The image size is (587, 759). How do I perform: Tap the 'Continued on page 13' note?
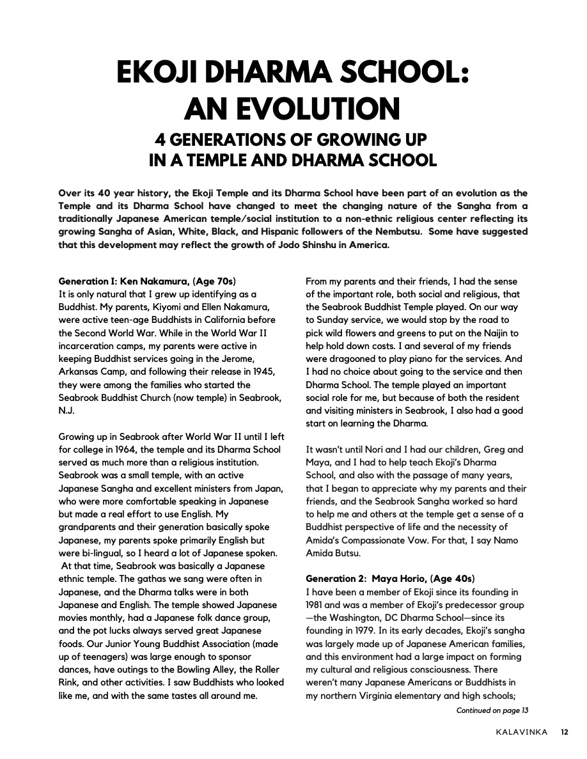click(492, 710)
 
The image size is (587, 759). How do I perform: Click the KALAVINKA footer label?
click(522, 732)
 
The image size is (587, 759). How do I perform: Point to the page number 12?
click(565, 732)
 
